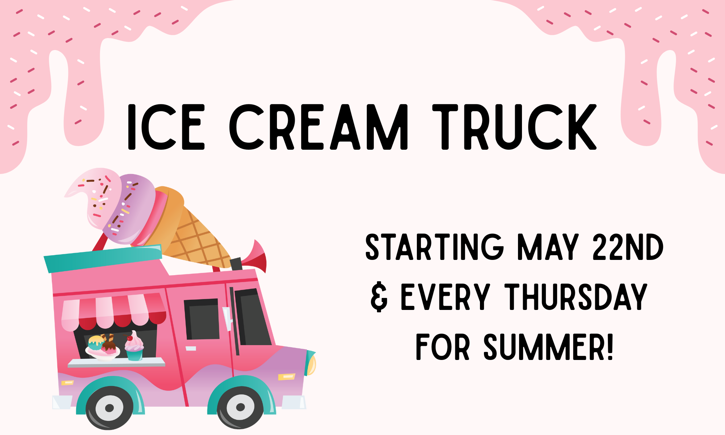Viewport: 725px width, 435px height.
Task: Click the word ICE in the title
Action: (x=166, y=127)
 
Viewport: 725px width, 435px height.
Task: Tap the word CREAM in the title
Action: (x=319, y=127)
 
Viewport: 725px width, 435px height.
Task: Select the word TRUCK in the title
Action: (x=514, y=127)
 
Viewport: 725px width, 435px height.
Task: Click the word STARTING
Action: (x=435, y=247)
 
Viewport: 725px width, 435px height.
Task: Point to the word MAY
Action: (x=548, y=247)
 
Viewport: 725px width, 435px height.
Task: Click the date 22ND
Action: (x=628, y=247)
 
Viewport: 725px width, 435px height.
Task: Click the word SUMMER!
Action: (x=548, y=347)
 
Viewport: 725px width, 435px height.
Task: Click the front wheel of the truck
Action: (x=240, y=407)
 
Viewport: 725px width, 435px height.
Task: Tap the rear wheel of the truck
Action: (x=109, y=408)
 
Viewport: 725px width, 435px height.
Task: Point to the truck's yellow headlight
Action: (x=311, y=363)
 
